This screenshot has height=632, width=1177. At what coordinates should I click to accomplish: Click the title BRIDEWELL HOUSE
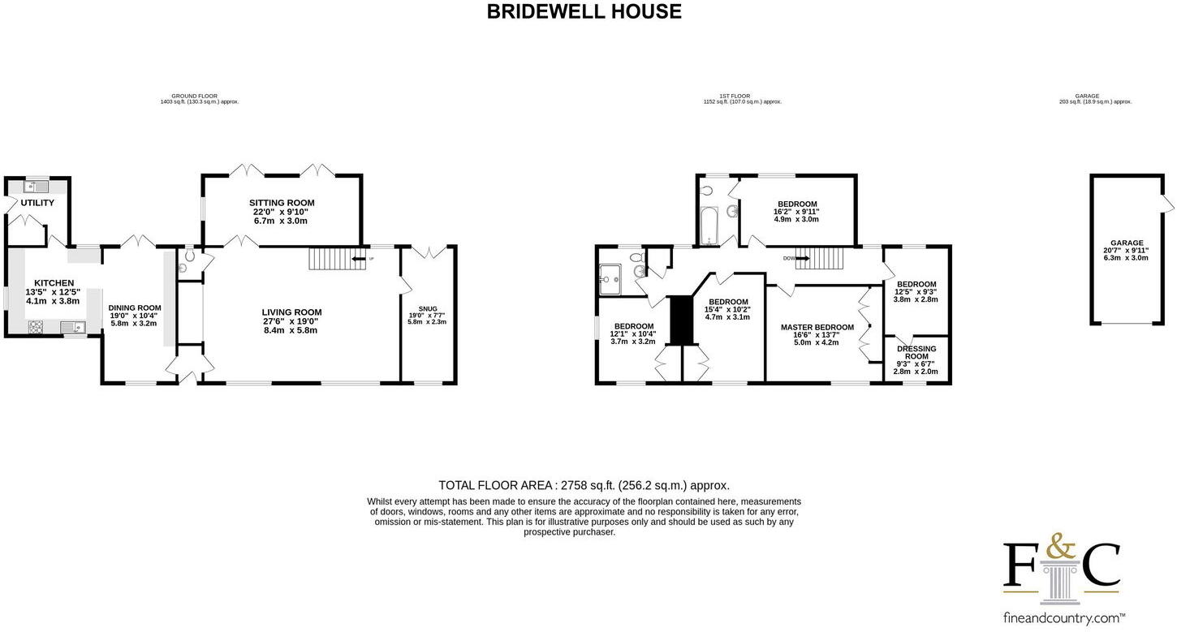pos(584,11)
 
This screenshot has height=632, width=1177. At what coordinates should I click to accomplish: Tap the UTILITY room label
pos(37,203)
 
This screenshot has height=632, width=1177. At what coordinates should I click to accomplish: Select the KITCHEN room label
pos(54,283)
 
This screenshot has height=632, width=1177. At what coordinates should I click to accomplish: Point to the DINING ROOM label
pos(135,307)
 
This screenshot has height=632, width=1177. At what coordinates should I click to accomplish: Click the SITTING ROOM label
pos(281,203)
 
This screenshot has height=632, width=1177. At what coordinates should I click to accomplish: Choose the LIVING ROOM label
pos(291,312)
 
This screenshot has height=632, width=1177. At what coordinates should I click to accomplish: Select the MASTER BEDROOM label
pos(817,327)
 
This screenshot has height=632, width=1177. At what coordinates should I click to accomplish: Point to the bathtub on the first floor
pos(709,224)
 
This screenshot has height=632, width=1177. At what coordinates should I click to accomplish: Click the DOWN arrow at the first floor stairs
pos(802,259)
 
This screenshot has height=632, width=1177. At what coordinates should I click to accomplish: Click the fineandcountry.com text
pos(1061,617)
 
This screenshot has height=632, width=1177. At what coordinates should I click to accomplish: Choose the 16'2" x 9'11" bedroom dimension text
pos(796,212)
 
